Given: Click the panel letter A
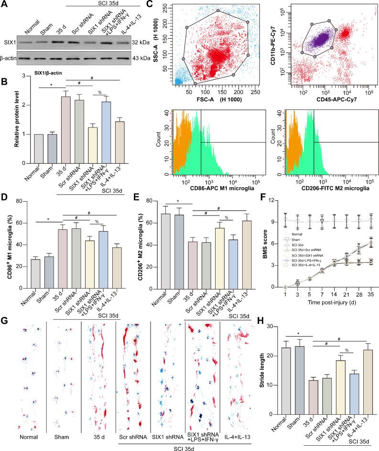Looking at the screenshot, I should [5, 5].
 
